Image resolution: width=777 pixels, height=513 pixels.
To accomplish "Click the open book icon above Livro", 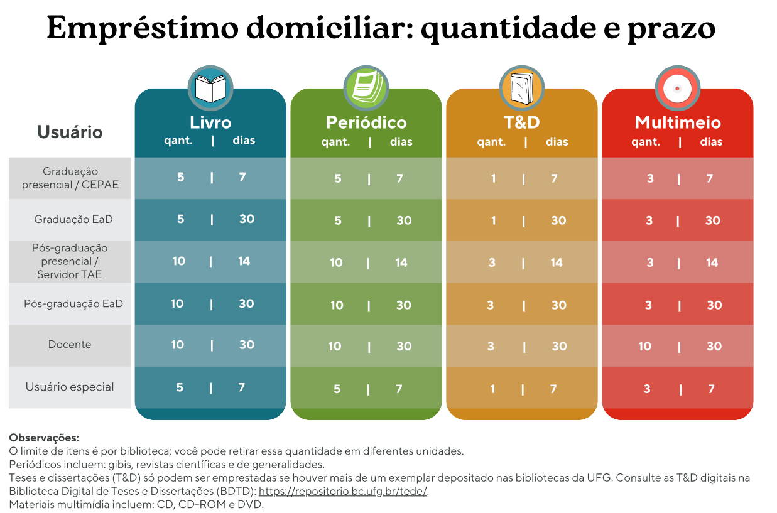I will pos(210,88).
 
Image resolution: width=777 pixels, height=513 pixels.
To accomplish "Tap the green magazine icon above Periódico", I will pos(366,88).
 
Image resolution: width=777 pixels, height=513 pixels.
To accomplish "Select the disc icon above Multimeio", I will pos(677,88).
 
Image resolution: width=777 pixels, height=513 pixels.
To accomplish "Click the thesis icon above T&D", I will pos(521,88).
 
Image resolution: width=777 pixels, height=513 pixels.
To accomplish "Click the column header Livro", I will pos(210,122).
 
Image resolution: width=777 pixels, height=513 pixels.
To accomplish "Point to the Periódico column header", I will pos(366,122).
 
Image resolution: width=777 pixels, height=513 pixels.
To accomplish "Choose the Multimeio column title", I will pos(677,122).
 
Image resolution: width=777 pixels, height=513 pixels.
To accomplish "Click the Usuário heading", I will pos(70,132).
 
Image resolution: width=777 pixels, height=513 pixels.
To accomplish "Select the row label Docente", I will pos(70,345).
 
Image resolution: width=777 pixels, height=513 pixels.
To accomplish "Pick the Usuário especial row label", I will pos(70,387).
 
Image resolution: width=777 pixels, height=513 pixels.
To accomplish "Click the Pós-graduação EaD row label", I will pos(73,304).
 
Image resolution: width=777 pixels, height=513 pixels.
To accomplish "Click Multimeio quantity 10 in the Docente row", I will pos(645,346).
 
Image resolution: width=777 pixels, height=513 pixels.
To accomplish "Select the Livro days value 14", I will pos(244,261).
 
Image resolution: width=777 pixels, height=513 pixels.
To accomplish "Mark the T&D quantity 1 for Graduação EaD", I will pos(493,220).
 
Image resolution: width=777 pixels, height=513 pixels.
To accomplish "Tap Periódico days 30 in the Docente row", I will pos(404,346).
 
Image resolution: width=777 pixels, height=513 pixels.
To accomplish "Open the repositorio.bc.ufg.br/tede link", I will pos(343,491).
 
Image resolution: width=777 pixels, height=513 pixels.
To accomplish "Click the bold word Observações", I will pos(44,438).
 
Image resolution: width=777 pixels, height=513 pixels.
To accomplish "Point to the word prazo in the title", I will pos(671,28).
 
